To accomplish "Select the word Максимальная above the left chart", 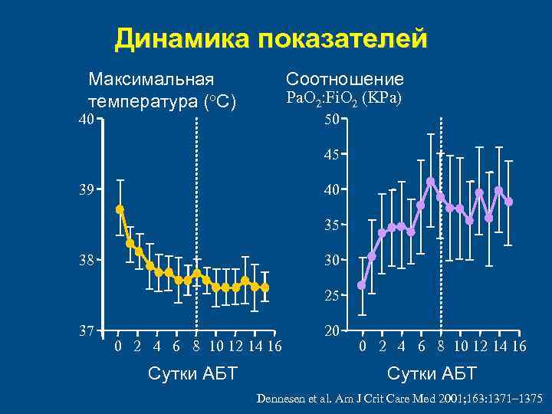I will coord(151,79).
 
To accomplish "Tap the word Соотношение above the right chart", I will coord(345,79).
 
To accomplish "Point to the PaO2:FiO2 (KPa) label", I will coord(344,99).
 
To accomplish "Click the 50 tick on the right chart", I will coord(332,120).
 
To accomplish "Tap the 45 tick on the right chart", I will coord(332,155).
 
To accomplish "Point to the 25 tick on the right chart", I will coord(332,295).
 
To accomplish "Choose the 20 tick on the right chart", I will coord(332,330).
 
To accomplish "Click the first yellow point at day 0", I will coord(120,209).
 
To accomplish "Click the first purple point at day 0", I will coord(362,285).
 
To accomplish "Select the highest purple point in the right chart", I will coord(431,182).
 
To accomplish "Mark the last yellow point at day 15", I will coord(264,287).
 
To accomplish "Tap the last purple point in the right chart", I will coord(508,202).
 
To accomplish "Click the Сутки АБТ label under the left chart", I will coord(192,373).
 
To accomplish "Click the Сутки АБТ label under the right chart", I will coord(432,373).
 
